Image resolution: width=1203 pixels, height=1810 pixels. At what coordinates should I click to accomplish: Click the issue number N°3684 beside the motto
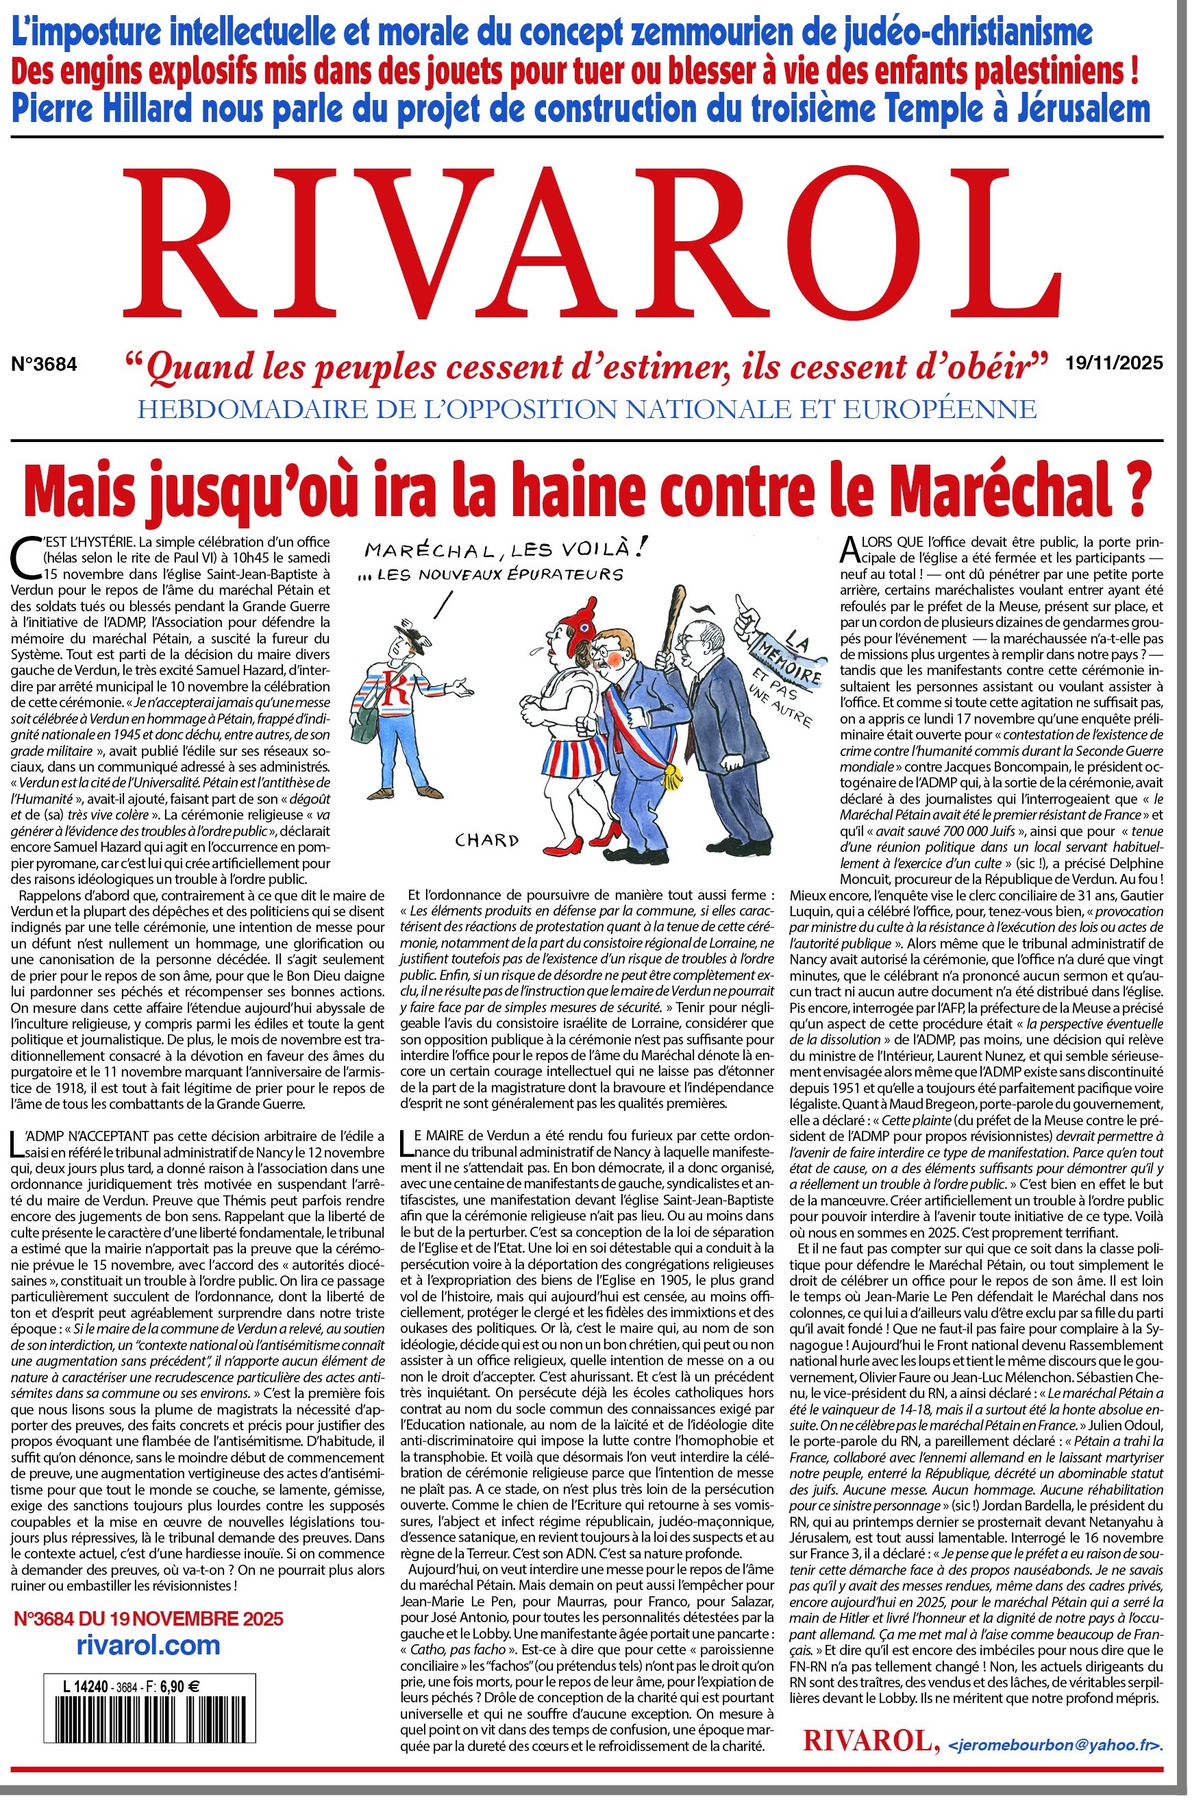[x=44, y=365]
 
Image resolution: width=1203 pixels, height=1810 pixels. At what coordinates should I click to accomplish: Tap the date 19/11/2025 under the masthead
[x=1114, y=363]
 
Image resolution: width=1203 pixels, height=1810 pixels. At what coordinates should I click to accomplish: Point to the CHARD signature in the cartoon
[x=486, y=839]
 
